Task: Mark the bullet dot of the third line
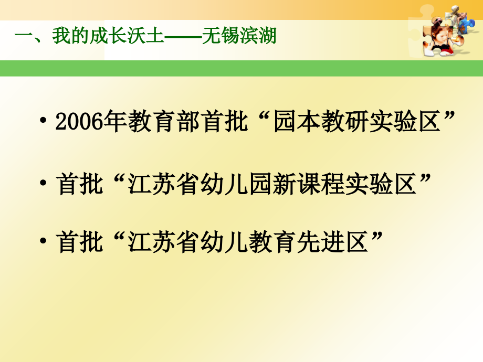pyautogui.click(x=44, y=243)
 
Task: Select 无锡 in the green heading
pyautogui.click(x=220, y=37)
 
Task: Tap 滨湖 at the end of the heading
pyautogui.click(x=258, y=37)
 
